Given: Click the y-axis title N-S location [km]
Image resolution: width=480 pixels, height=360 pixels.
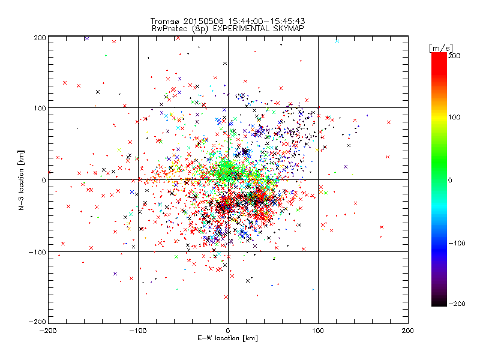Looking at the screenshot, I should coord(22,180).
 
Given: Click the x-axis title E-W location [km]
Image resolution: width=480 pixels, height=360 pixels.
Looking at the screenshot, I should coord(228,338).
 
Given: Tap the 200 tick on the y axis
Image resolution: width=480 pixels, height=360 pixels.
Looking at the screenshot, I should coord(40,37).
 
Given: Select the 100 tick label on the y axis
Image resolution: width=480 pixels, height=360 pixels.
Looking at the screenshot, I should coord(40,108).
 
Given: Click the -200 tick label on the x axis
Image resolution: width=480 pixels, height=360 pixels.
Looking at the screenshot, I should coord(48,331).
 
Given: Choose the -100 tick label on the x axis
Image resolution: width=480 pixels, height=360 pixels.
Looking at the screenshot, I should coord(138,331).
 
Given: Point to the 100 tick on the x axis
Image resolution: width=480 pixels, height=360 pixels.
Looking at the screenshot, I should coord(318,331).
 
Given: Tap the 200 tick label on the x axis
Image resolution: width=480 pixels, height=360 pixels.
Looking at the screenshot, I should coord(408,331).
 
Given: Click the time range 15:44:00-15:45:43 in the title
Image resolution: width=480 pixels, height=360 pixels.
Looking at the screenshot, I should coord(266,20).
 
